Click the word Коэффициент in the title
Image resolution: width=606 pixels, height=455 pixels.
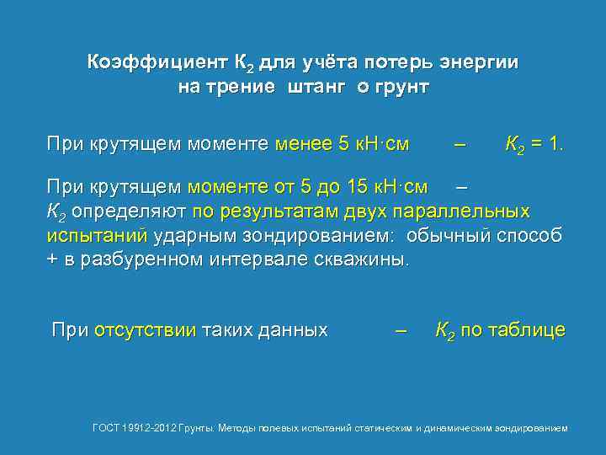tap(156, 62)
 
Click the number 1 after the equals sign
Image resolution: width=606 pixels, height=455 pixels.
tap(558, 144)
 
